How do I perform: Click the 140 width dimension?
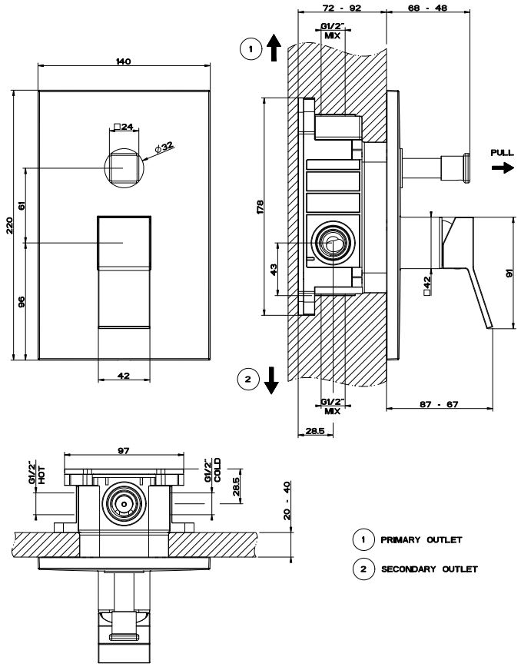point(123,61)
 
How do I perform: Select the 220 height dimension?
point(8,226)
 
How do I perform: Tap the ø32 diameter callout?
point(163,146)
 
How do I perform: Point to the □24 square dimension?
point(124,127)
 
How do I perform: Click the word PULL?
point(502,154)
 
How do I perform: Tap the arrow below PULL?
point(504,167)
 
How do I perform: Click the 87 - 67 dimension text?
point(442,405)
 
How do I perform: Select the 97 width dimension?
point(124,451)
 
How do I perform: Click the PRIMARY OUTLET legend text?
point(421,540)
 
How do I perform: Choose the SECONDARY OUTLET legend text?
point(429,569)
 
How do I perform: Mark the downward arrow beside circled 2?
point(270,381)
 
